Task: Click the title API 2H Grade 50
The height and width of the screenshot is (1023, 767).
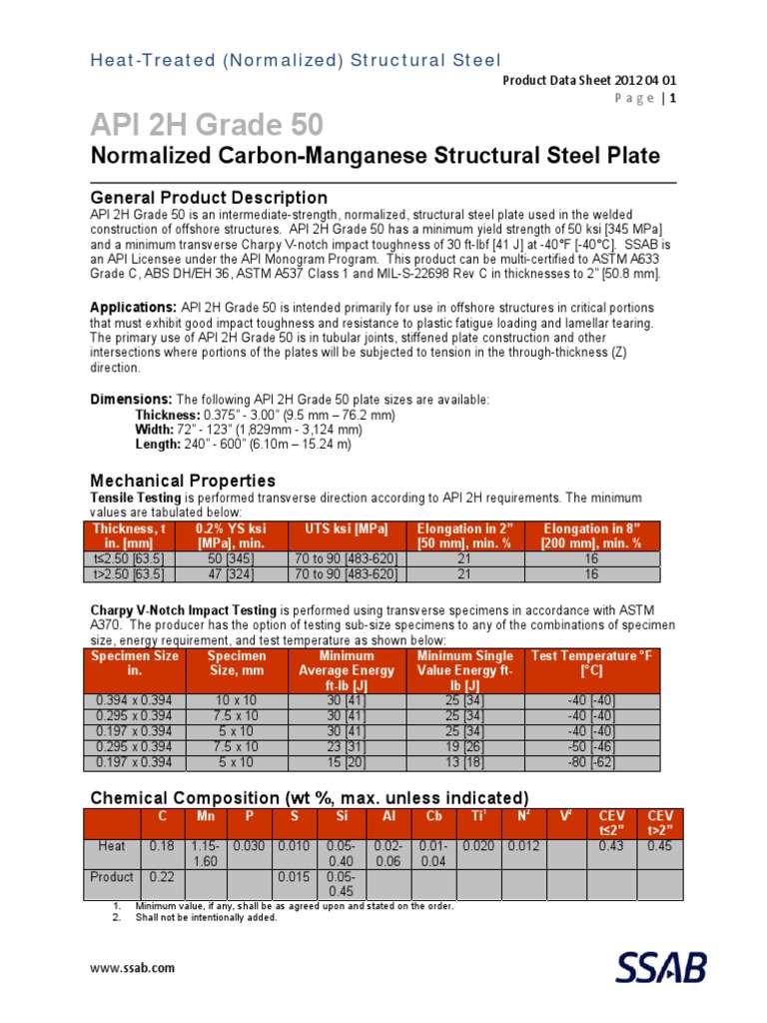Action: click(207, 125)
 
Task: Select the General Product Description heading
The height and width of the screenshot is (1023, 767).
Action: click(209, 197)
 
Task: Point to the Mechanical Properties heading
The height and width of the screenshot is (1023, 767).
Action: click(183, 481)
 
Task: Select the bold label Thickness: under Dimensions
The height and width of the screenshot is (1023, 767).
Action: click(167, 415)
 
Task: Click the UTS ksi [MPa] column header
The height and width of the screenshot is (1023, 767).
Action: click(339, 528)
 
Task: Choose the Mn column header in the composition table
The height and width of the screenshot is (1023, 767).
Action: click(207, 816)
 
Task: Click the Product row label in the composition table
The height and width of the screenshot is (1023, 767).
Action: click(111, 876)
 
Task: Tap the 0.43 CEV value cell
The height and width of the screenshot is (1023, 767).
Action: click(610, 845)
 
